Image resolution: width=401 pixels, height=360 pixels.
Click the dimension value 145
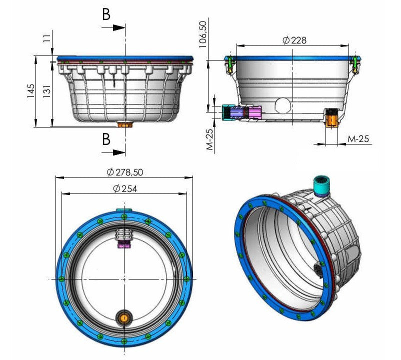click(x=30, y=91)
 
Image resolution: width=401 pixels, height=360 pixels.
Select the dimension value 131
click(x=47, y=91)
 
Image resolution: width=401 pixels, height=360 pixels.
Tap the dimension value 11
click(x=47, y=38)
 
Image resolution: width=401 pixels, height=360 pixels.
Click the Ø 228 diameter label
click(x=294, y=40)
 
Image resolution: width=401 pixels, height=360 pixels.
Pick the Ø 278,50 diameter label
click(x=125, y=172)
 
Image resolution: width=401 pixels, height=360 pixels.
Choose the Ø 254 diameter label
click(x=125, y=188)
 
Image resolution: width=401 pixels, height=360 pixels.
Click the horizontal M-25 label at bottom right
click(x=358, y=139)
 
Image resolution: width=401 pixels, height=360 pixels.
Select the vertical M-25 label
click(x=209, y=139)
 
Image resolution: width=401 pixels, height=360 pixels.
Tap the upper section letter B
click(x=106, y=14)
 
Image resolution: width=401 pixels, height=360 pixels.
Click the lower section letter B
click(x=106, y=139)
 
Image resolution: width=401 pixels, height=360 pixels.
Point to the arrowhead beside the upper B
click(x=119, y=27)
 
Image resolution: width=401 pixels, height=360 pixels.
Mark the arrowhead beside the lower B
click(x=119, y=152)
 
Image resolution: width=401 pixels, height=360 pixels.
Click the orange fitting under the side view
click(x=124, y=124)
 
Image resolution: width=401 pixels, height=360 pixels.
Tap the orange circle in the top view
click(x=124, y=318)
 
